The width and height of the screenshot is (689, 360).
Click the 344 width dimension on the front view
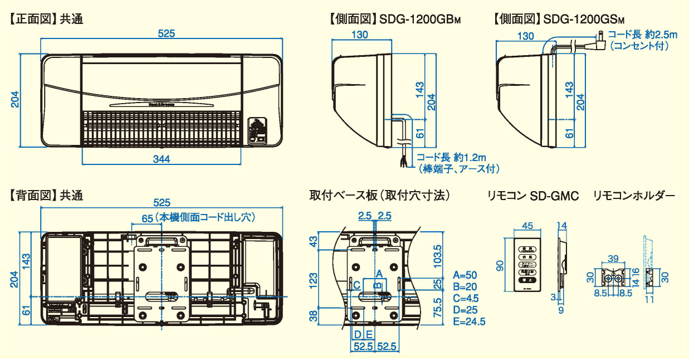[x=162, y=159]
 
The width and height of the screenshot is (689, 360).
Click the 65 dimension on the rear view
[x=147, y=218]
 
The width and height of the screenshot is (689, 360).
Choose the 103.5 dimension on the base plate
[x=437, y=255]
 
